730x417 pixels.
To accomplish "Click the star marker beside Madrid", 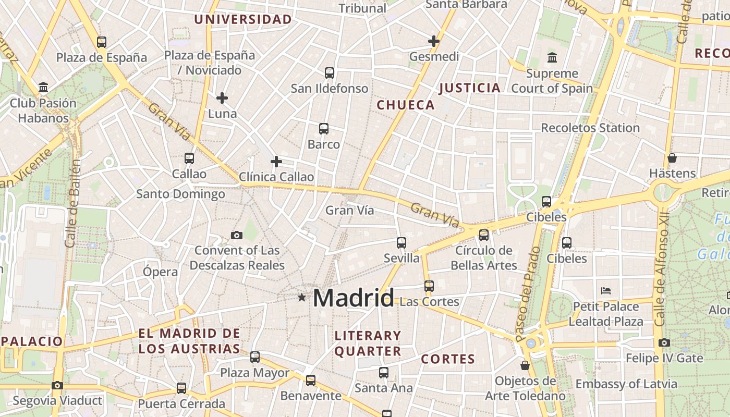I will click(301, 297).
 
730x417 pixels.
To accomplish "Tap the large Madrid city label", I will click(354, 298).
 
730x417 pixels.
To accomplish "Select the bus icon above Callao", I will click(189, 158).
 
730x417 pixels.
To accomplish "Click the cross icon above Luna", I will click(222, 97).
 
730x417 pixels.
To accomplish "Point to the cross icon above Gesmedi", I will click(434, 41).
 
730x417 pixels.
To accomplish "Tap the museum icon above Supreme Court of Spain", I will click(552, 57).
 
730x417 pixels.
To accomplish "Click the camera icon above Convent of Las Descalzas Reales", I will click(237, 235).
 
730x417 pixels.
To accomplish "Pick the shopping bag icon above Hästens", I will click(672, 157).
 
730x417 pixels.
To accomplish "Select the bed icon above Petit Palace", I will click(605, 290).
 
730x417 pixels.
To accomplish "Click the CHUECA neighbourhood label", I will click(406, 105).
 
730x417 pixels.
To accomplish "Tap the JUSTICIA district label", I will click(470, 88).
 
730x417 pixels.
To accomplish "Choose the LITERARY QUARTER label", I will click(368, 344).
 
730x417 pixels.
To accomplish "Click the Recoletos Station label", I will click(590, 128).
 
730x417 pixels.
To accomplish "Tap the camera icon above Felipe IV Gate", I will click(664, 342).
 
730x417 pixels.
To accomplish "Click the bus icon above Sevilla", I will click(401, 242).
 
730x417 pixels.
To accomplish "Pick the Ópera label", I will click(160, 272).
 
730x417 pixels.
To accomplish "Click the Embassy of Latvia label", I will click(626, 384).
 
